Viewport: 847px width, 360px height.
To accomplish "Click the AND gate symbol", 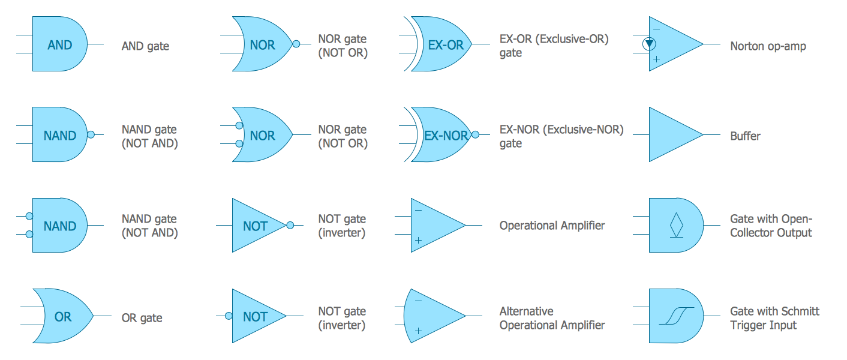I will pyautogui.click(x=59, y=44).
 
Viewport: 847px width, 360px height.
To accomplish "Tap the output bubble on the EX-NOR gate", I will pyautogui.click(x=475, y=135).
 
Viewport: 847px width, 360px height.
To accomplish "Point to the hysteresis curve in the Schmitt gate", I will pyautogui.click(x=676, y=316).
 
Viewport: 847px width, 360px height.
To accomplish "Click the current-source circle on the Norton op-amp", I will pyautogui.click(x=648, y=44).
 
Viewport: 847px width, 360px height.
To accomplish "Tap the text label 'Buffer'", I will pyautogui.click(x=745, y=136).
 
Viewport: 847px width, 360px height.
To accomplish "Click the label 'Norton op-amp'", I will pyautogui.click(x=768, y=46).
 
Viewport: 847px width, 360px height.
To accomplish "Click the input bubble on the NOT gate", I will pyautogui.click(x=228, y=316).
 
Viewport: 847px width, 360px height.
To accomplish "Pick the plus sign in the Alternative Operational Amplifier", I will pyautogui.click(x=418, y=331).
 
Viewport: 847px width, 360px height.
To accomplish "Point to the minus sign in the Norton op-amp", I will pyautogui.click(x=656, y=29).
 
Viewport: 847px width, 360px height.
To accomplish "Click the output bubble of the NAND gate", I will pyautogui.click(x=91, y=135).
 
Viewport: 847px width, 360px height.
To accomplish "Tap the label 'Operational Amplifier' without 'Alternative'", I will pyautogui.click(x=552, y=226).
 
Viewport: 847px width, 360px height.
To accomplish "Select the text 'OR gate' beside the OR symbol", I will pyautogui.click(x=142, y=318).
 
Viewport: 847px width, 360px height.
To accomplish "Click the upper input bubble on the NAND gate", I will pyautogui.click(x=29, y=217).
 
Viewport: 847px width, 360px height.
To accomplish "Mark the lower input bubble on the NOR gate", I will pyautogui.click(x=239, y=144).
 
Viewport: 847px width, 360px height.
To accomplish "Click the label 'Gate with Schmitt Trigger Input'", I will pyautogui.click(x=774, y=318).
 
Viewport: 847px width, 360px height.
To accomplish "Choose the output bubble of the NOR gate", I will pyautogui.click(x=296, y=44).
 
